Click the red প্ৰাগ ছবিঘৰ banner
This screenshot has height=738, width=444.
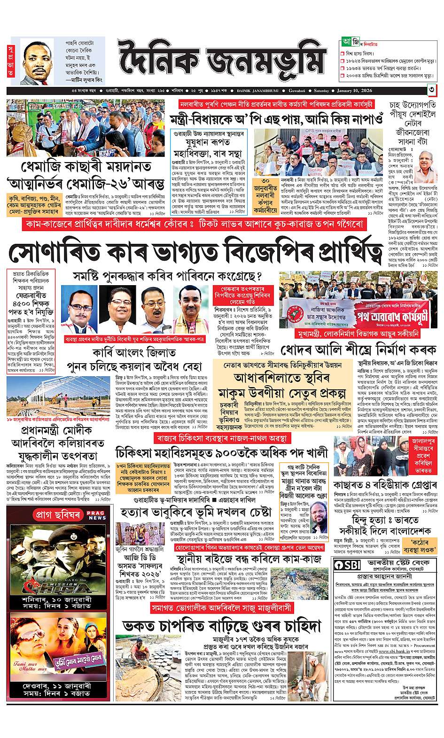pos(52,515)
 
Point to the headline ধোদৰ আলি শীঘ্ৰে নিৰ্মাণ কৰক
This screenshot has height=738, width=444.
pos(358,350)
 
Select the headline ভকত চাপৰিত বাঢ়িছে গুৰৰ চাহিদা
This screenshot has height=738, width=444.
pos(221,626)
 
